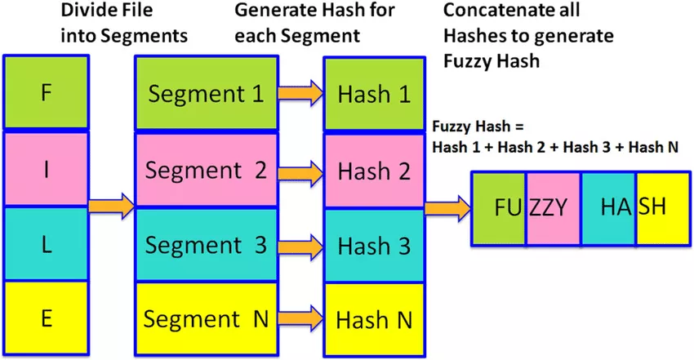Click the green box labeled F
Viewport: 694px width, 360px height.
(46, 92)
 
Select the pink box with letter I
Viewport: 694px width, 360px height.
(46, 169)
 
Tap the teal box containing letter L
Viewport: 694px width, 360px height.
(46, 244)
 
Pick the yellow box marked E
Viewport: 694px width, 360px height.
(46, 318)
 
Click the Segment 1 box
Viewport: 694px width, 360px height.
(207, 94)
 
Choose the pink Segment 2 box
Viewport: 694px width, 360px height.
(207, 170)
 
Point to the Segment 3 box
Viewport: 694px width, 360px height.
(207, 245)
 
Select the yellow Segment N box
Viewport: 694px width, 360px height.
(207, 319)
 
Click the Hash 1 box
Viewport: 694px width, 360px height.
(375, 94)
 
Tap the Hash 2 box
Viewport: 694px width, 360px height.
(375, 171)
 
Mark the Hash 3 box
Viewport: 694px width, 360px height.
(375, 246)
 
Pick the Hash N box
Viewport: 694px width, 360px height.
(375, 320)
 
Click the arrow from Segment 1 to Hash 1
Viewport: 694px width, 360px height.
(301, 93)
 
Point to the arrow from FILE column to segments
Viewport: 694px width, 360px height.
(112, 206)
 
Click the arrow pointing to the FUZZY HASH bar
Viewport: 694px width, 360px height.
(448, 208)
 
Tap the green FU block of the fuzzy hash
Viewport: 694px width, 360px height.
(499, 208)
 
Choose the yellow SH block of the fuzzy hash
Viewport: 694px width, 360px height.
(663, 208)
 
